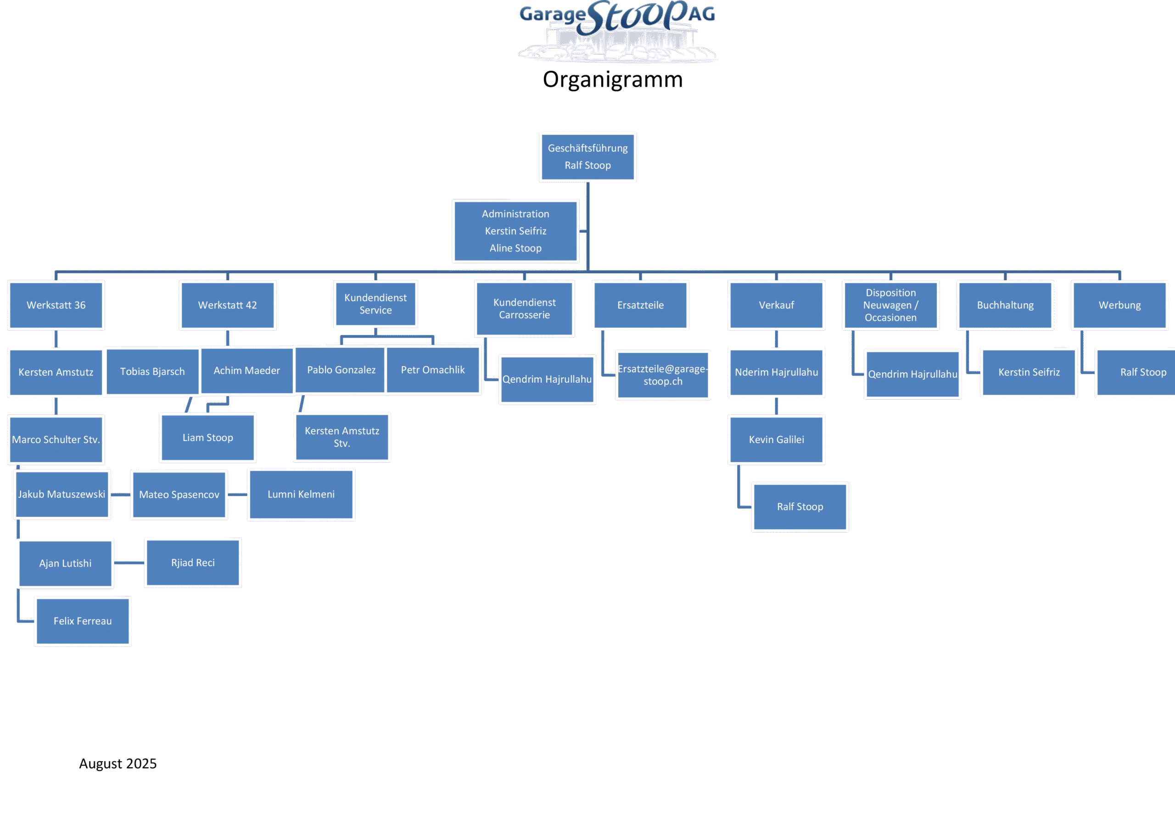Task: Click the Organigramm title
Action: tap(613, 80)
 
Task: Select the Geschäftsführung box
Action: tap(587, 157)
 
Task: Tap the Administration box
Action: tap(515, 231)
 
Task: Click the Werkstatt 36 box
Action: tap(56, 305)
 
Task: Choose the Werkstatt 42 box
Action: tap(228, 305)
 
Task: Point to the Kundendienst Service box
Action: tap(375, 304)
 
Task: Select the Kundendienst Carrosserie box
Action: tap(525, 309)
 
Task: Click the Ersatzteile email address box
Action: tap(663, 375)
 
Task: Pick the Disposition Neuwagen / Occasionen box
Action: tap(890, 305)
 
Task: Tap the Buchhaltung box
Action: tap(1005, 305)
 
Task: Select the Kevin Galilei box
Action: tap(776, 440)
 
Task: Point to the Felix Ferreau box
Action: tap(83, 621)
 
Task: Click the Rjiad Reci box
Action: tap(193, 563)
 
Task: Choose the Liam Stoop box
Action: tap(208, 438)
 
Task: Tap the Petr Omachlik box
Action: tap(433, 370)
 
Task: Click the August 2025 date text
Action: tap(117, 764)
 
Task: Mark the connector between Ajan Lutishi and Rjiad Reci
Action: tap(129, 563)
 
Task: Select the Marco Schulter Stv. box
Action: tap(56, 440)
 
